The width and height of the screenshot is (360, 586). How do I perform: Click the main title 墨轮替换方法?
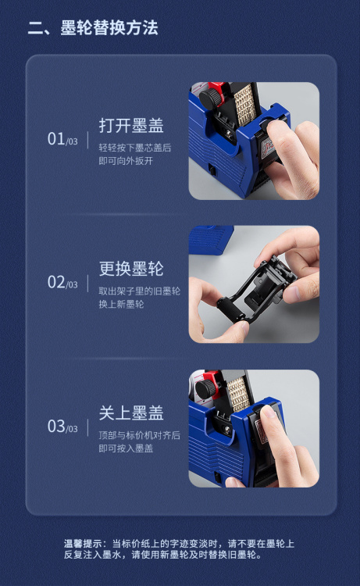point(109,28)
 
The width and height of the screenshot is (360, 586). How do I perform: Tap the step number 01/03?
point(62,139)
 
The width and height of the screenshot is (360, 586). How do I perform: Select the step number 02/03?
point(62,282)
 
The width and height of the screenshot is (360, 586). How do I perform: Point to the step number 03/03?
point(62,427)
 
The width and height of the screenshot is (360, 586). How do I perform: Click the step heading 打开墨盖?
point(131,126)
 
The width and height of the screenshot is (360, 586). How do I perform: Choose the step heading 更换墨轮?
point(131,269)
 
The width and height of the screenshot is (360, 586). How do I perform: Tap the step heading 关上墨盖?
point(131,413)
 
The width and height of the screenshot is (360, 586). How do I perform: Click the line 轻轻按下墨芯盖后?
point(135,148)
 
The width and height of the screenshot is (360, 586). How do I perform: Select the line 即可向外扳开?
point(126,161)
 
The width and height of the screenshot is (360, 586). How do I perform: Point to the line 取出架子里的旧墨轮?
point(139,291)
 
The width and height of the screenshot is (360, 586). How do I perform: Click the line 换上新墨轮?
point(121,304)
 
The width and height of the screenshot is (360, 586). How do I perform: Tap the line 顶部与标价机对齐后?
point(139,435)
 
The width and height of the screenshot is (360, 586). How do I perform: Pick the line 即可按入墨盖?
point(126,448)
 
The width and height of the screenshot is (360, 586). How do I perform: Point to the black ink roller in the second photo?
point(232,309)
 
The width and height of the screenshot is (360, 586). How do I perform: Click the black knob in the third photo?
point(205,388)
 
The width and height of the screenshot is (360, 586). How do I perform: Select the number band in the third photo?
point(239,395)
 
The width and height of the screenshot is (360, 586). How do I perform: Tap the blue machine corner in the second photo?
point(211,239)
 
